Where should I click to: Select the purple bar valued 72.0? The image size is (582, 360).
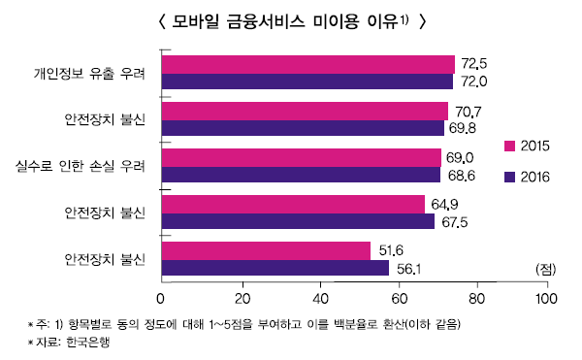(x=307, y=82)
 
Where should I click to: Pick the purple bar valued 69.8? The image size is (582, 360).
(x=304, y=127)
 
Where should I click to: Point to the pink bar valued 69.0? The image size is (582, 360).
(x=302, y=157)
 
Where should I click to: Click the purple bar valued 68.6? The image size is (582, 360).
(x=301, y=175)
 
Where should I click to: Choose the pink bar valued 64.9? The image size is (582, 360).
(x=294, y=204)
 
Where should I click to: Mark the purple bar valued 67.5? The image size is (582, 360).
(x=299, y=221)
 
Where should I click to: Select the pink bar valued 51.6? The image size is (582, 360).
(x=267, y=250)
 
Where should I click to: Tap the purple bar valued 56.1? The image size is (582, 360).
(x=275, y=268)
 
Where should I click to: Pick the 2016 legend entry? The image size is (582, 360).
(x=527, y=177)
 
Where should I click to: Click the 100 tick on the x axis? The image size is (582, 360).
(x=547, y=298)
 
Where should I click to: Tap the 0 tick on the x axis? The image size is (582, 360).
(x=162, y=298)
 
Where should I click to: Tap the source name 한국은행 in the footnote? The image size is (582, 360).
(x=92, y=342)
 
